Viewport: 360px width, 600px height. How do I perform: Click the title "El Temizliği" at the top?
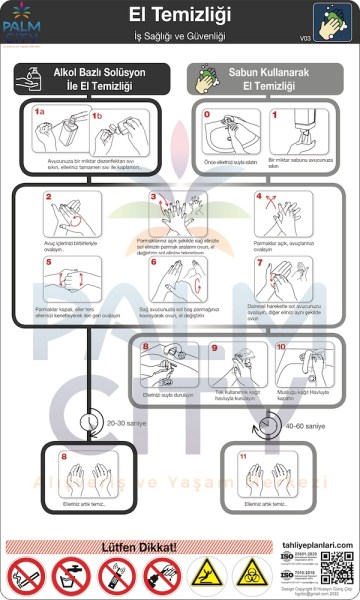(180, 14)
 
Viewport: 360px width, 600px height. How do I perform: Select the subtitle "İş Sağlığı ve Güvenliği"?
(180, 36)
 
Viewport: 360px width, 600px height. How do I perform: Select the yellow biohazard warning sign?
(248, 575)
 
